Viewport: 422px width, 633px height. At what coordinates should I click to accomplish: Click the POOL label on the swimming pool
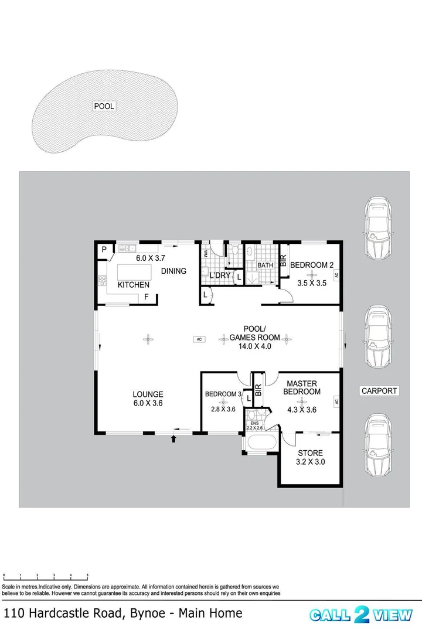coord(104,106)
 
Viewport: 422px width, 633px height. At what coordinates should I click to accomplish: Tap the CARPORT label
coord(379,391)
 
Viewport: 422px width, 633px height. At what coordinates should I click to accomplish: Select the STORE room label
coord(310,453)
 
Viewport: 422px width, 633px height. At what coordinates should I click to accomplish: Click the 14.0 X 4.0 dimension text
coord(254,346)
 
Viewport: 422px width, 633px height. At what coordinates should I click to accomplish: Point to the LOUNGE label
coord(148,394)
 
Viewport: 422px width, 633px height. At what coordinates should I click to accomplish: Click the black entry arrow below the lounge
coord(173,439)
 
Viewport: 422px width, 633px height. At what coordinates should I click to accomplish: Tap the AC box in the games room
coord(199,339)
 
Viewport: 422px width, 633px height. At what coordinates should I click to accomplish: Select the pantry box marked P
coord(104,250)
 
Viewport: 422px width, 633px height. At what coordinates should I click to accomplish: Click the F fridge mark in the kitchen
coord(146,297)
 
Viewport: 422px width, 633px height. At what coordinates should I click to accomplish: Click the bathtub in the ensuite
coord(262,442)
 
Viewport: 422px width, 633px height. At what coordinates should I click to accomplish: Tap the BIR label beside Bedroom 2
coord(284,260)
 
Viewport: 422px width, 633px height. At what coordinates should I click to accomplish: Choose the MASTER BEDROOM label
coord(302,387)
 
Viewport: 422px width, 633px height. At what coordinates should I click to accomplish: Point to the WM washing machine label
coord(205,254)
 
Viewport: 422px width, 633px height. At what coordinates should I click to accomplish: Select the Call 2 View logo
coord(361,615)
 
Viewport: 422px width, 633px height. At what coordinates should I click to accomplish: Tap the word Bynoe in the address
coord(148,614)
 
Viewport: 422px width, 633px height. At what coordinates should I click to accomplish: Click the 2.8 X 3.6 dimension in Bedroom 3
coord(223,409)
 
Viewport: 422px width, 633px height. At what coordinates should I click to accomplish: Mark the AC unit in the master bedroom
coord(336,401)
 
